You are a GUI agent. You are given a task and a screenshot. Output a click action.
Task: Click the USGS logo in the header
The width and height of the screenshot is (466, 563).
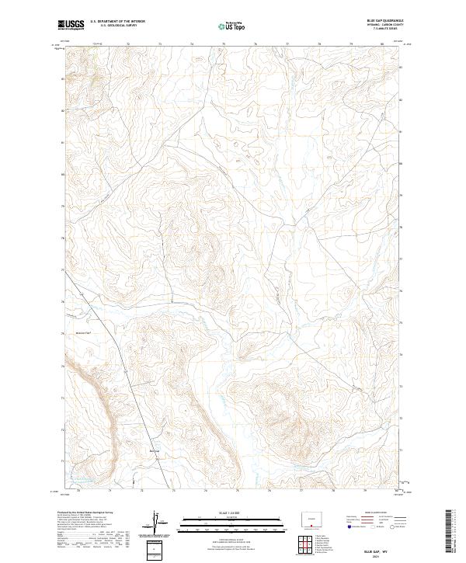tap(71, 24)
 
